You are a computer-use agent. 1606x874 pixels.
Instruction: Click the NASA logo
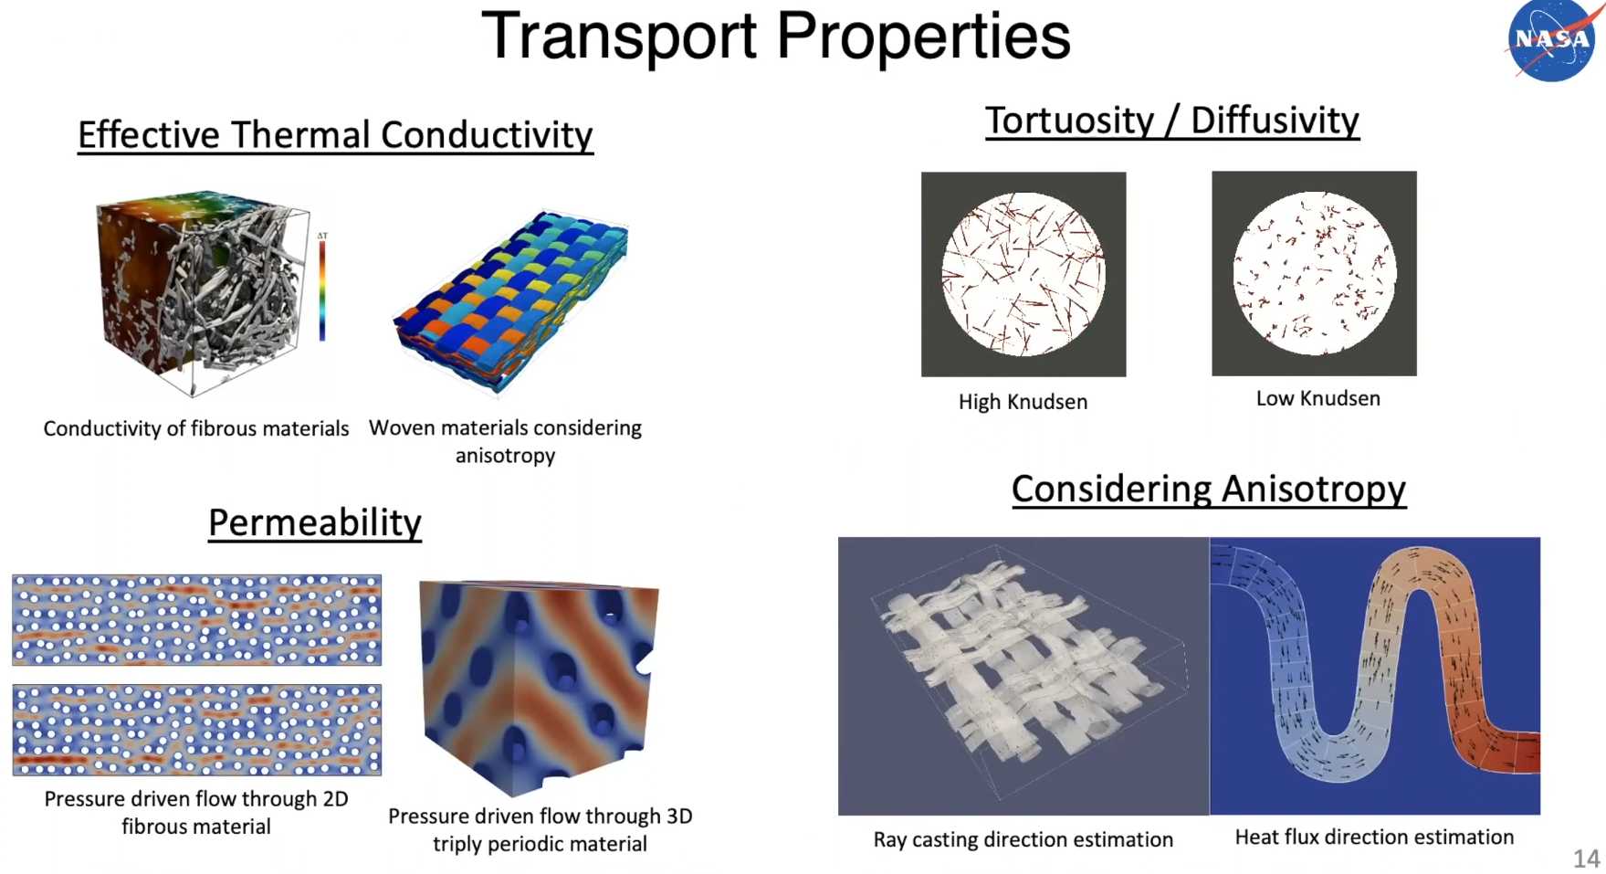[x=1552, y=41]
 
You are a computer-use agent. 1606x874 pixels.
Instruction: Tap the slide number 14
[x=1586, y=858]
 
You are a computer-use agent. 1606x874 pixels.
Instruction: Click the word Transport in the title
[x=619, y=37]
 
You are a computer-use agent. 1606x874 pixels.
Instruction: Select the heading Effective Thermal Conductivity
[x=335, y=135]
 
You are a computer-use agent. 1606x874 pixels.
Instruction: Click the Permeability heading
[x=315, y=523]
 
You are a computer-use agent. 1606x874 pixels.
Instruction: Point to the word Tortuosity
[x=1069, y=121]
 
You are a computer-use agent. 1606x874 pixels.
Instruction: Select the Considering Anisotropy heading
[x=1209, y=489]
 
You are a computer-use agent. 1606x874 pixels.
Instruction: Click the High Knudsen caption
[x=1023, y=402]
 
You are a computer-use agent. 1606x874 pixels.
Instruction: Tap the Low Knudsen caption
[x=1317, y=398]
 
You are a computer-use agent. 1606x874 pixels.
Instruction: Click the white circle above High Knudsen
[x=1023, y=274]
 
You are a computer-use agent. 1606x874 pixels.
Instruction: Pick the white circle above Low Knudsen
[x=1315, y=273]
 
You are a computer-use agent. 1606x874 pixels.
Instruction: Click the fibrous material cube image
[x=203, y=293]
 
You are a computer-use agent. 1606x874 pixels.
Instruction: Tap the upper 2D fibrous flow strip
[x=196, y=620]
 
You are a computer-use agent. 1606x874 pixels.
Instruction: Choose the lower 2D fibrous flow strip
[x=196, y=730]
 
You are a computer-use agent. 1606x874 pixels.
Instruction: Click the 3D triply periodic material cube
[x=539, y=685]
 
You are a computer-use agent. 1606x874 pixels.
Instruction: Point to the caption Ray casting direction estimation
[x=1023, y=839]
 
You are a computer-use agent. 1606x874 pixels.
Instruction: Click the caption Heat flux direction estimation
[x=1374, y=837]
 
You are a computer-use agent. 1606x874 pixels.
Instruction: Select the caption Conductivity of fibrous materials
[x=196, y=428]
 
